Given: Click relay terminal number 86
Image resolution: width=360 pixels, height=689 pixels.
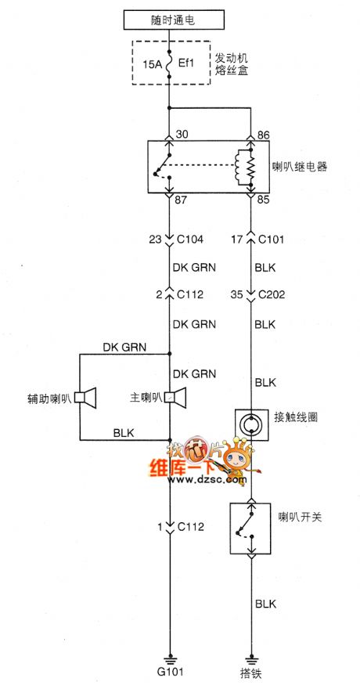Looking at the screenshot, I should [265, 135].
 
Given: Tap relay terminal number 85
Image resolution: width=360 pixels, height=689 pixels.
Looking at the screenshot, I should [265, 200].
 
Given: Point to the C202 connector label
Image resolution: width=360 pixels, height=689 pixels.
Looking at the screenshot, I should [271, 296].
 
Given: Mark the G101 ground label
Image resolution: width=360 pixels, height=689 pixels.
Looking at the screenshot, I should [168, 672].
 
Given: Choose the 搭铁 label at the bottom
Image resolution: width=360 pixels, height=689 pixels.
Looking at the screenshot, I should [251, 672].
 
